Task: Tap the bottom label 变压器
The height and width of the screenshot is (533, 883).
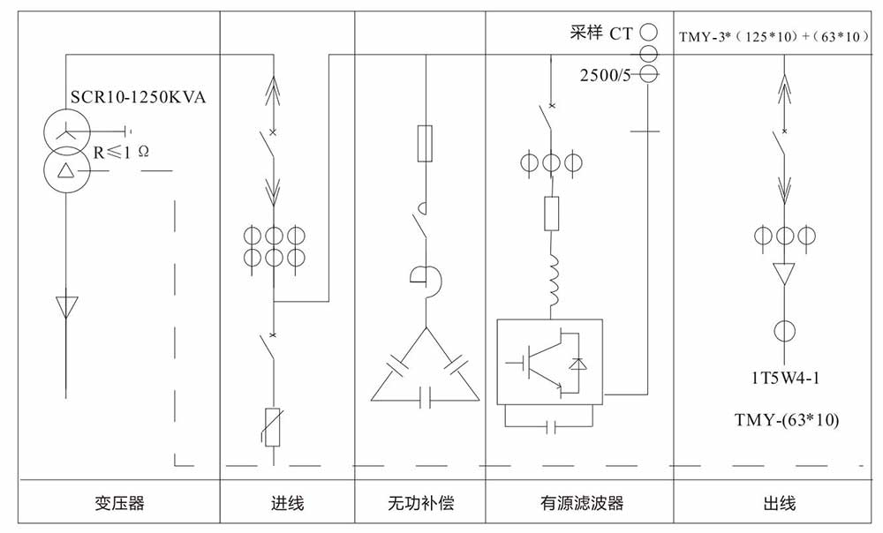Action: pos(119,504)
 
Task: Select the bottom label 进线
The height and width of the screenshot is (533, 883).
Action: pos(287,504)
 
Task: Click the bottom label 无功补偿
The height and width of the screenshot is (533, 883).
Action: pos(420,504)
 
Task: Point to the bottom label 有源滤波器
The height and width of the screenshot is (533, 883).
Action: pos(582,504)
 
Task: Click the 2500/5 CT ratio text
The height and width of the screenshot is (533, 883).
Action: pos(605,75)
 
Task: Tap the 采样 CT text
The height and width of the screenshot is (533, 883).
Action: pos(601,34)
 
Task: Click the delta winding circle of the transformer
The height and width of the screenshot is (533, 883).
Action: pos(65,168)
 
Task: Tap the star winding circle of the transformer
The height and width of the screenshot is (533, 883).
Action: pos(65,132)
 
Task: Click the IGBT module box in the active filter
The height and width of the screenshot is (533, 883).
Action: pos(549,359)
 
